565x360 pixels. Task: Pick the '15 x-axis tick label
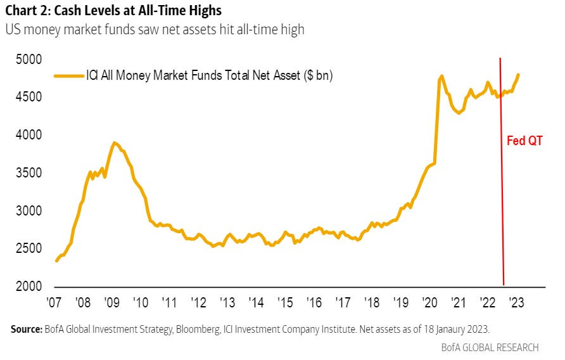[288, 302]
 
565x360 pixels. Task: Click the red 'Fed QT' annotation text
[524, 141]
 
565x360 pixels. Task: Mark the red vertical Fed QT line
[502, 190]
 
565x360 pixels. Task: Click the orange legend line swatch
[69, 76]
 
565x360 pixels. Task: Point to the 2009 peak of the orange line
[114, 143]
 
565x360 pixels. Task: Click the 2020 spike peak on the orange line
[441, 76]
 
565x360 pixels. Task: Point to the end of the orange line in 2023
[518, 75]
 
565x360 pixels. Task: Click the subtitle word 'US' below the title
[12, 29]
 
